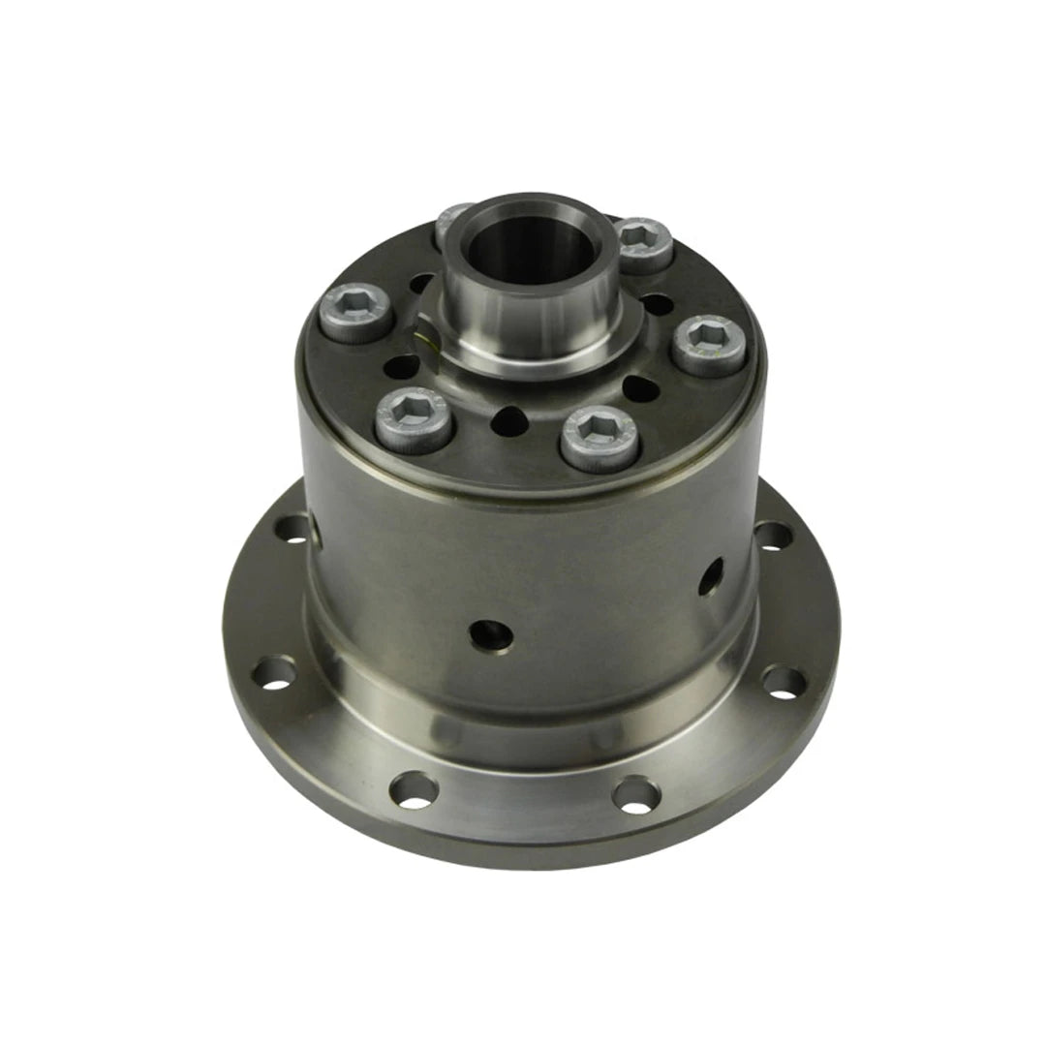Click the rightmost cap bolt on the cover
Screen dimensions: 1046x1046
click(708, 344)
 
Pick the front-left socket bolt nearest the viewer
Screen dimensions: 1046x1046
click(414, 418)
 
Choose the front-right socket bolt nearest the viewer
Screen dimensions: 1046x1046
click(599, 437)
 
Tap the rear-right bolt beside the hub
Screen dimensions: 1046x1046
click(643, 242)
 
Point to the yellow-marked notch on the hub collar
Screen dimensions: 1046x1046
click(423, 338)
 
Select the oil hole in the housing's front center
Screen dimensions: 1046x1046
click(490, 634)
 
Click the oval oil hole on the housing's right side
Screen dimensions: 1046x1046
click(712, 575)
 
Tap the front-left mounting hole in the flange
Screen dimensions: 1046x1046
click(413, 789)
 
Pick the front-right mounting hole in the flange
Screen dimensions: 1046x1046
click(635, 794)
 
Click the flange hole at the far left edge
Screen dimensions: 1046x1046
click(274, 673)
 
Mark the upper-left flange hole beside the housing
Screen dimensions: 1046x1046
click(292, 528)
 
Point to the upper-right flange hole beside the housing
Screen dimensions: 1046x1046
click(772, 534)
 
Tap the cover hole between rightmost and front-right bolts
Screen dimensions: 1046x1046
click(640, 389)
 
